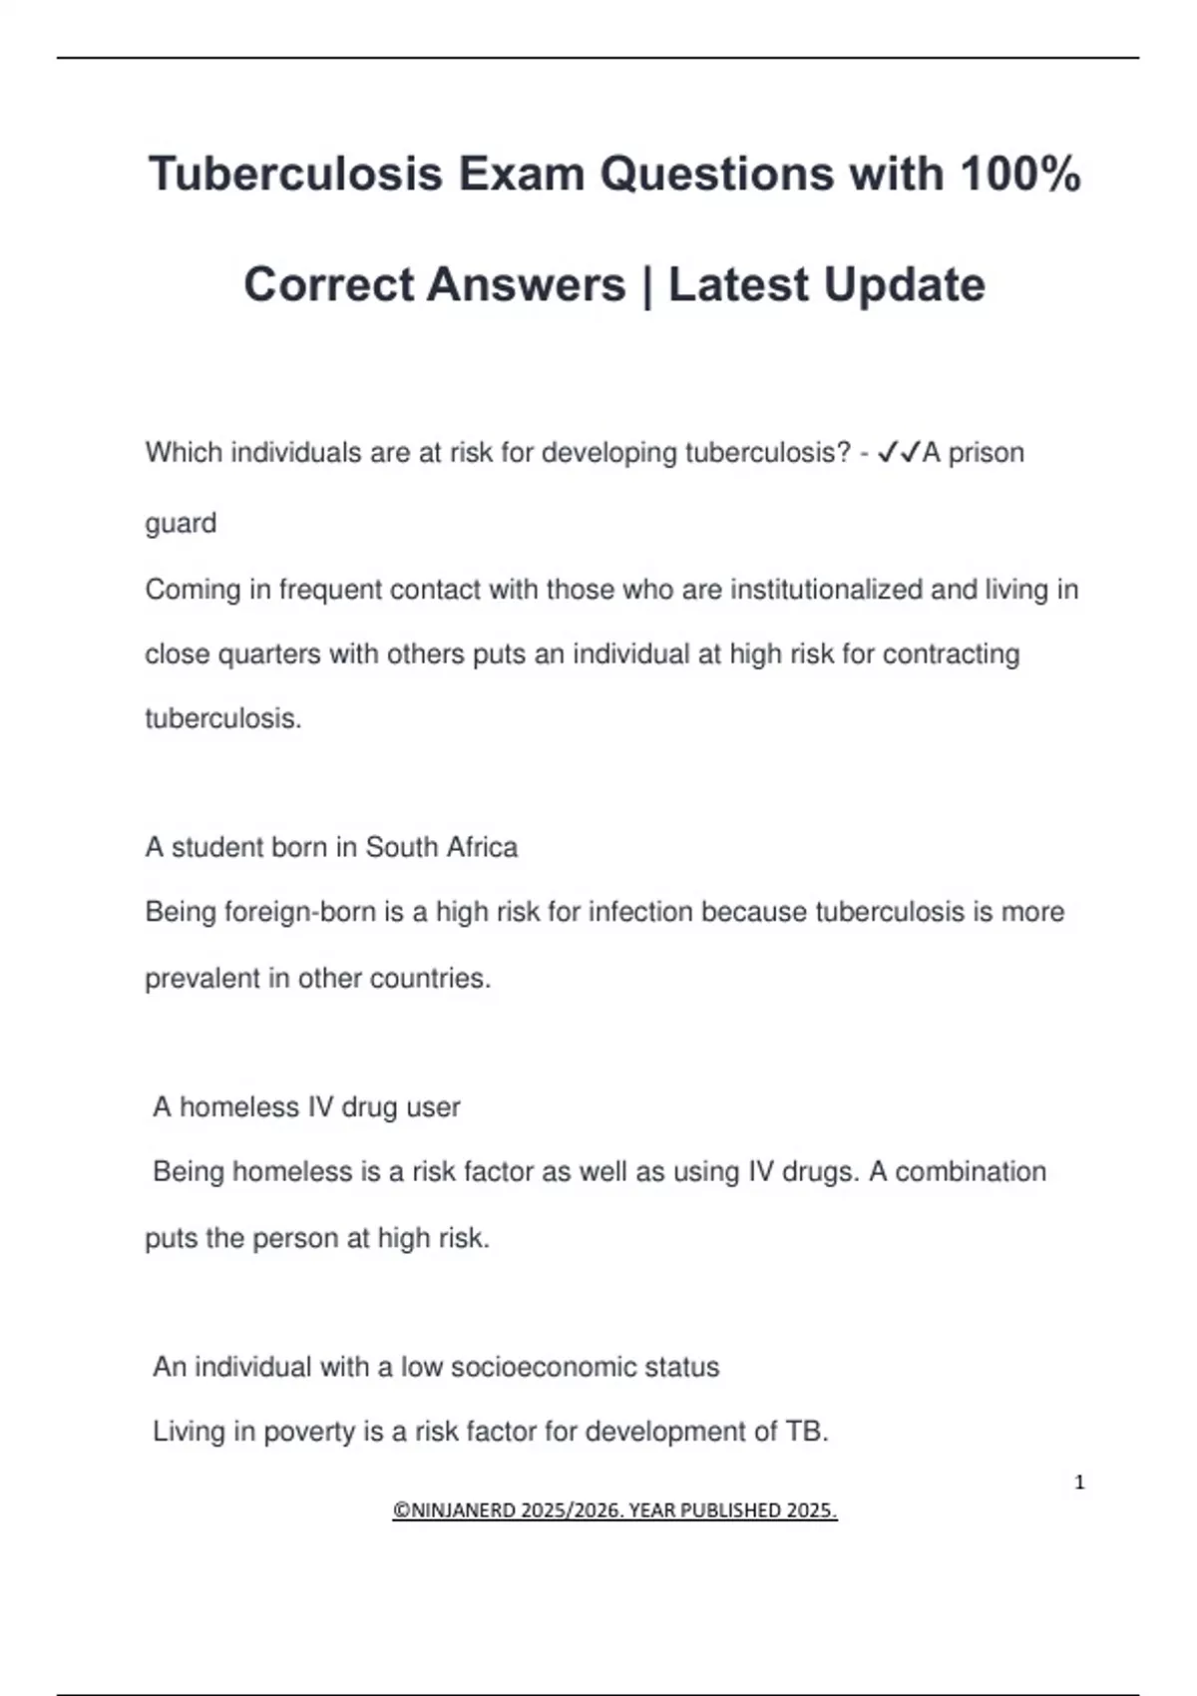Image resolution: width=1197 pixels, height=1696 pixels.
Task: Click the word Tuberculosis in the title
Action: (x=295, y=174)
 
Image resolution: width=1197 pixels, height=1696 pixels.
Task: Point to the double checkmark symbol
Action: (x=898, y=453)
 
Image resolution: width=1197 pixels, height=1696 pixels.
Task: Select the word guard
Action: (x=181, y=524)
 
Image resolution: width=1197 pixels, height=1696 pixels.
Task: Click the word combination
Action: (x=970, y=1171)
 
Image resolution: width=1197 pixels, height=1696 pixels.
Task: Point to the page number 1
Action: (x=1079, y=1483)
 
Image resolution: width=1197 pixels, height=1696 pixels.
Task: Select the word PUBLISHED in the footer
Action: (x=732, y=1510)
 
